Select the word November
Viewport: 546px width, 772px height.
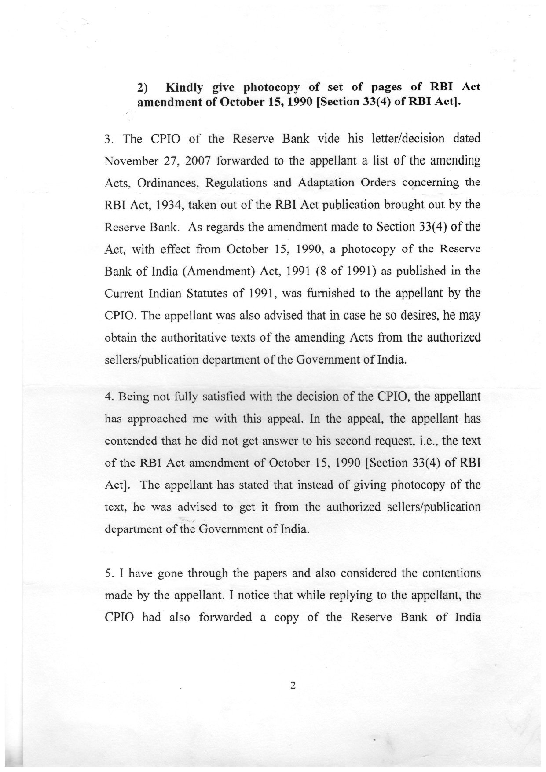coord(130,161)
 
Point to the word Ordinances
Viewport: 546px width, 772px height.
coord(169,183)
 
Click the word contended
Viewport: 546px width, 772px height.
coord(130,441)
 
